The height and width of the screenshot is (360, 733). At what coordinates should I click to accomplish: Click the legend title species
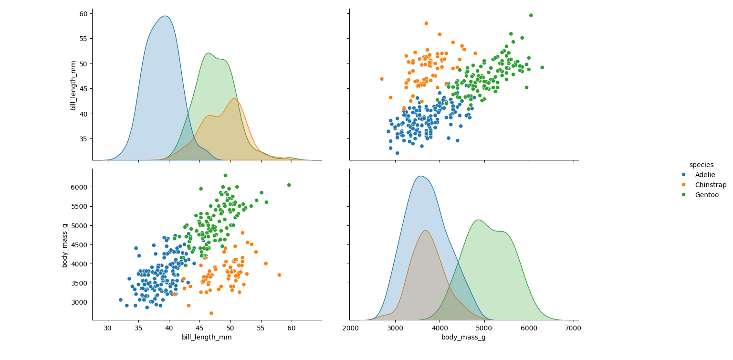tap(701, 165)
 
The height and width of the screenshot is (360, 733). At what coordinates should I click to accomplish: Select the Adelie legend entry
tap(705, 175)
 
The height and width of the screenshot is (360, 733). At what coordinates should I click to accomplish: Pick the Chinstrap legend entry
tap(710, 185)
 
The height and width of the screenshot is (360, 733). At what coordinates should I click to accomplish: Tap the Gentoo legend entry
tap(706, 195)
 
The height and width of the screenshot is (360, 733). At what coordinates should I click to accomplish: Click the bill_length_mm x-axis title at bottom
tap(207, 337)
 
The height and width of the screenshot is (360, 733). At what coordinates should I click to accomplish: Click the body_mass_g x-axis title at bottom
tap(463, 337)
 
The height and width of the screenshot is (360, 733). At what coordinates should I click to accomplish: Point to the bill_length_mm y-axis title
tap(73, 85)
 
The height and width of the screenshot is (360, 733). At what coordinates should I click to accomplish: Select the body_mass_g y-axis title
tap(65, 244)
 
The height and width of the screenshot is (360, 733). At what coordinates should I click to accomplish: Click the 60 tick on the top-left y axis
tap(83, 14)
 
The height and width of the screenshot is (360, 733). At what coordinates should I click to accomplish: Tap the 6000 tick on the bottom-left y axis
tap(79, 187)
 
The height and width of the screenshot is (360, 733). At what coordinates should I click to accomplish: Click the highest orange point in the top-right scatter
tap(426, 23)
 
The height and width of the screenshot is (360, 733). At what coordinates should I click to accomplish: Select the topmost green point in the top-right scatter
tap(531, 15)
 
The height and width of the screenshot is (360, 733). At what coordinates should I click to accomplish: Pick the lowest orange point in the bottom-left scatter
tap(211, 313)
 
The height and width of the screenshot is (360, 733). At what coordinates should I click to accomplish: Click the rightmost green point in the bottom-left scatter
tap(289, 185)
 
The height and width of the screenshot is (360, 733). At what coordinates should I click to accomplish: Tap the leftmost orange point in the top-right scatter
tap(381, 79)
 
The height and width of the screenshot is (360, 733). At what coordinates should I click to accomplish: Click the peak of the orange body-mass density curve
tap(425, 231)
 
